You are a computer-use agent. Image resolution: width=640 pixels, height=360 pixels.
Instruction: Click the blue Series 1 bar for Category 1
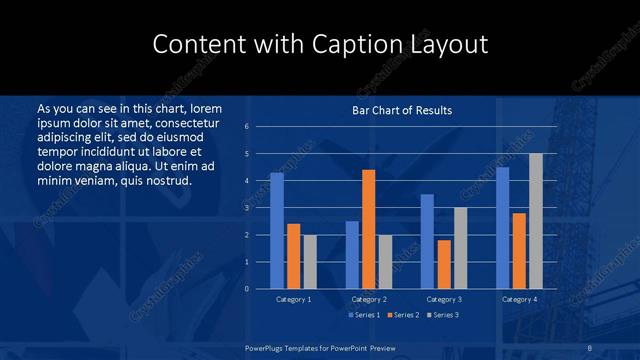(277, 231)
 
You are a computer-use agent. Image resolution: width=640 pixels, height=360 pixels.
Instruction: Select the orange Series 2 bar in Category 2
(369, 229)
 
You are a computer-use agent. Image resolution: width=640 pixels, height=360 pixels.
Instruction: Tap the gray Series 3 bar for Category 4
(536, 221)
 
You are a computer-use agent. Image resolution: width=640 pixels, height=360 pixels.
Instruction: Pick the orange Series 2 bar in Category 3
(444, 264)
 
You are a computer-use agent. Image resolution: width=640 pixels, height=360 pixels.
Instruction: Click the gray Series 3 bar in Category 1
(310, 262)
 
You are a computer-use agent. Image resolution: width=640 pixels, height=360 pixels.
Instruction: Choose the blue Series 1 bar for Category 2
(352, 255)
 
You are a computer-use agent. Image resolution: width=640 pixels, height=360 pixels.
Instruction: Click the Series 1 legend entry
(364, 315)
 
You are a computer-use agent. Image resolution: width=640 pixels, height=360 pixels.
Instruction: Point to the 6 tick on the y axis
(246, 127)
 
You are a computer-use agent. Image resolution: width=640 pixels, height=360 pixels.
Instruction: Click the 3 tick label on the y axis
(246, 208)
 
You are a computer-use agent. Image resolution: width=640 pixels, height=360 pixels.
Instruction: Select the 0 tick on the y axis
(246, 289)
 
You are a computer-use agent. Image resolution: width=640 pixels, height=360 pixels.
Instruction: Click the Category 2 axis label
(369, 299)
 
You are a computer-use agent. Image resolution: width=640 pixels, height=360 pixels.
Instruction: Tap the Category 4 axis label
(519, 299)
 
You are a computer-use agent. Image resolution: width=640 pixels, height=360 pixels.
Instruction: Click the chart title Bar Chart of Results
(402, 110)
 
